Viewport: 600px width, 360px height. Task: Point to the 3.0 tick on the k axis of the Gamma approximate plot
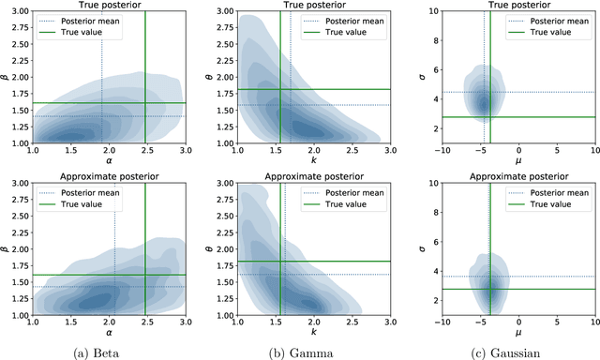pyautogui.click(x=389, y=322)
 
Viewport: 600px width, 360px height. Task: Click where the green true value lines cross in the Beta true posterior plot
pyautogui.click(x=144, y=103)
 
